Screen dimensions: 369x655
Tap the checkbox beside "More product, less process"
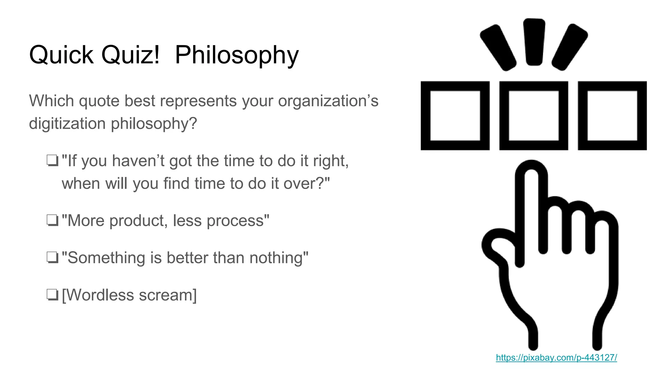tap(52, 221)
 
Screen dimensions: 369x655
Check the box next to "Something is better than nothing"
tap(52, 258)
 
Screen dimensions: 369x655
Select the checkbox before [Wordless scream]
tap(52, 295)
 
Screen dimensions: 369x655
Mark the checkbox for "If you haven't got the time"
tap(52, 161)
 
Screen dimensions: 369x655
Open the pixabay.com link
tap(556, 357)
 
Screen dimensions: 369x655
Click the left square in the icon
tap(455, 116)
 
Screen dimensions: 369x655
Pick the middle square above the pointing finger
tap(533, 116)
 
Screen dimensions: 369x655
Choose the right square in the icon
tap(612, 116)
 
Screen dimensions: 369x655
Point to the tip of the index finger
tap(531, 170)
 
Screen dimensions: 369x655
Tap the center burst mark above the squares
tap(534, 42)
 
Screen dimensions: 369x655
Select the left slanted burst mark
tap(498, 47)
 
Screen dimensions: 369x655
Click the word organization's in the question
tap(328, 101)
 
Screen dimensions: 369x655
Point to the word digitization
tap(67, 124)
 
